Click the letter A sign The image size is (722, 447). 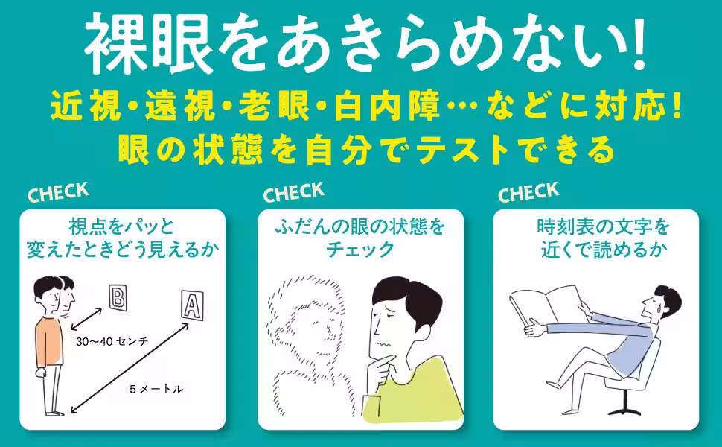tap(191, 305)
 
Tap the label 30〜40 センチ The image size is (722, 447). tap(112, 340)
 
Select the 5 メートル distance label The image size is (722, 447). tap(156, 389)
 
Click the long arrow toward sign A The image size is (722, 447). tap(126, 366)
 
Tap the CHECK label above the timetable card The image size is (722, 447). tap(528, 193)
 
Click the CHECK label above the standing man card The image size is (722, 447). tap(58, 192)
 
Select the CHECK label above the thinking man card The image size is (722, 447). tap(293, 192)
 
